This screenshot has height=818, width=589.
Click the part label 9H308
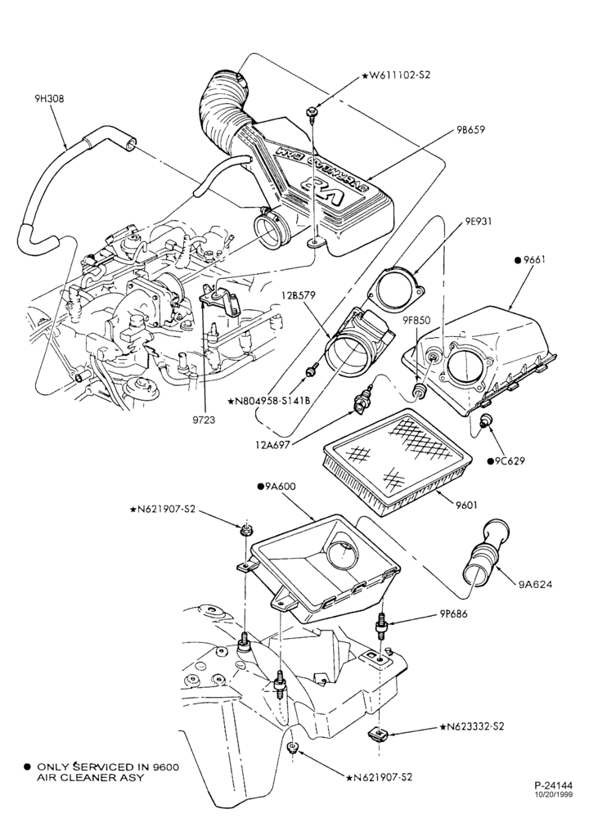pos(46,97)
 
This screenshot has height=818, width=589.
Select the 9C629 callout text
pos(506,461)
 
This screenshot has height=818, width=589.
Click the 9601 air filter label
pos(465,505)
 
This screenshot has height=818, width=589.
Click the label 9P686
pos(454,614)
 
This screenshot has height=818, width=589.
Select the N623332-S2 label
pos(472,726)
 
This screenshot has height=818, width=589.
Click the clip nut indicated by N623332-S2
pos(376,734)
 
